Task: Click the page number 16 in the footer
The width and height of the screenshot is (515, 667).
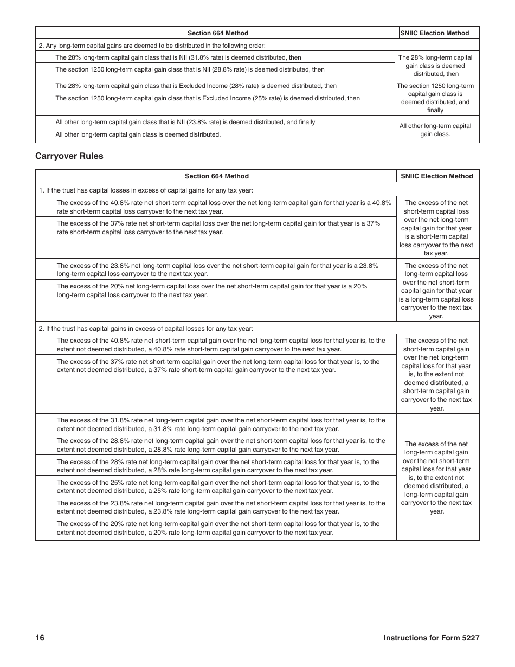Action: (x=40, y=638)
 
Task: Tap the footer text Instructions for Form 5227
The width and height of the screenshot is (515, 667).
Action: (x=431, y=638)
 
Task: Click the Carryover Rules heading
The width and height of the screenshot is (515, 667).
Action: (x=69, y=156)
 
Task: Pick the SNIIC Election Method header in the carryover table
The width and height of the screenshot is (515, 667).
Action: (x=437, y=176)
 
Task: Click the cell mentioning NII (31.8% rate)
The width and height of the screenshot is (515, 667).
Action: (x=178, y=57)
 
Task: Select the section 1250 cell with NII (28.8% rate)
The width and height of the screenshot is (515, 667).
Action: (x=190, y=69)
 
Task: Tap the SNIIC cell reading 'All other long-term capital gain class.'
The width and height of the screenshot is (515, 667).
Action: (x=435, y=130)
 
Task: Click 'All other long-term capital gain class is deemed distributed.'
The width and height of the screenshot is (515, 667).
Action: (x=138, y=134)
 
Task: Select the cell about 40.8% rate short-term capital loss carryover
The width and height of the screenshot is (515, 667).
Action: (x=223, y=207)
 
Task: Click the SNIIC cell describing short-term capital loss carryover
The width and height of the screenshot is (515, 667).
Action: (x=436, y=228)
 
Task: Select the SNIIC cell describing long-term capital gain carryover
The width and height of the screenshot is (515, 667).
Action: (x=436, y=477)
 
